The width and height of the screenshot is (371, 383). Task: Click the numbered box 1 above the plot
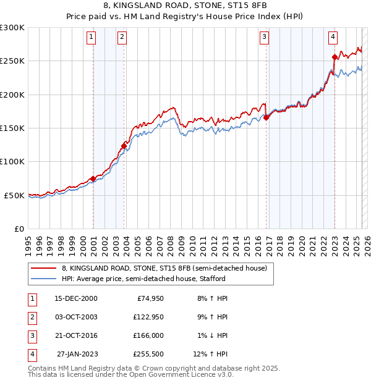92,37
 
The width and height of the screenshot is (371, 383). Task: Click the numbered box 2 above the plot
122,37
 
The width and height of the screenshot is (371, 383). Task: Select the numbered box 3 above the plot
264,37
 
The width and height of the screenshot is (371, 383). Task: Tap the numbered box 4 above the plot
333,37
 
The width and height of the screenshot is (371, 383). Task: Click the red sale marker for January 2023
335,57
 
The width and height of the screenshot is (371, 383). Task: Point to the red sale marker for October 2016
267,117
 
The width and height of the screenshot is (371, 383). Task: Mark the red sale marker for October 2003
124,146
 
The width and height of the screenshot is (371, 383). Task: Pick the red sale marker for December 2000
93,179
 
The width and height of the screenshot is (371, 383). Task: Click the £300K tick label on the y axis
12,28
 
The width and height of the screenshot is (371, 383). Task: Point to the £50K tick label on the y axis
14,195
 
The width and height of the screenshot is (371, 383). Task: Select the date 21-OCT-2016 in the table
75,335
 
